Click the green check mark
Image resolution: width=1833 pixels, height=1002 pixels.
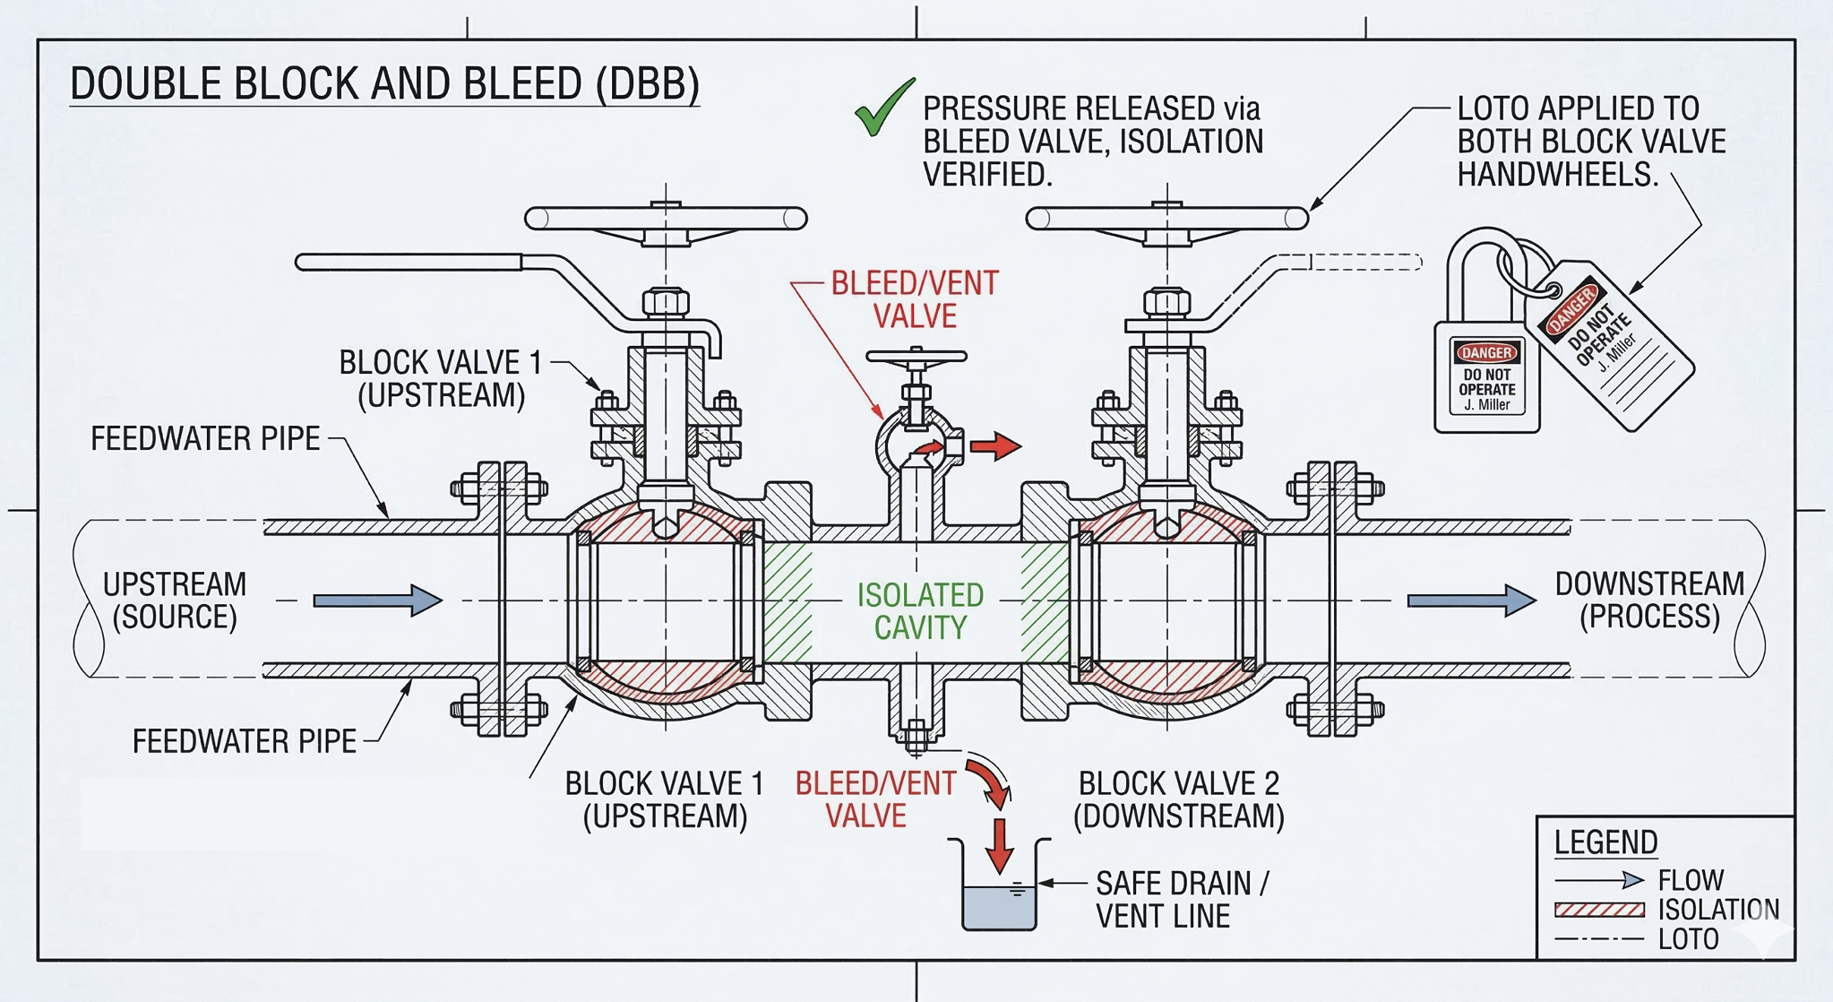882,109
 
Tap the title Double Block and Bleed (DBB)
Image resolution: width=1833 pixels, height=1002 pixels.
384,84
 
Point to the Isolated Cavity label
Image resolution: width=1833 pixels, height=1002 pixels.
920,611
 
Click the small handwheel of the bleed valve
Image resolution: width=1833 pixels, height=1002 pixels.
916,357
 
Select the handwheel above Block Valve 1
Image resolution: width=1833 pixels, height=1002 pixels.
666,218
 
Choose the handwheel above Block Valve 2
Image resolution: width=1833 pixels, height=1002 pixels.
1166,218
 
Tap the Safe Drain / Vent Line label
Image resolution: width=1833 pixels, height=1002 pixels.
1181,900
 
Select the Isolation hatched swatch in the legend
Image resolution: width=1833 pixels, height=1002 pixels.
1599,910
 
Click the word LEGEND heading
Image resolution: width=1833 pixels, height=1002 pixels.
1605,842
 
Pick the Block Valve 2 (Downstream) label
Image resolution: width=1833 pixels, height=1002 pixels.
1178,799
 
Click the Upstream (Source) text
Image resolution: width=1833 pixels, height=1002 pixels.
175,600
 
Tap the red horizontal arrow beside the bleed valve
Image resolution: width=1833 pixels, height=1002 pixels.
995,445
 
